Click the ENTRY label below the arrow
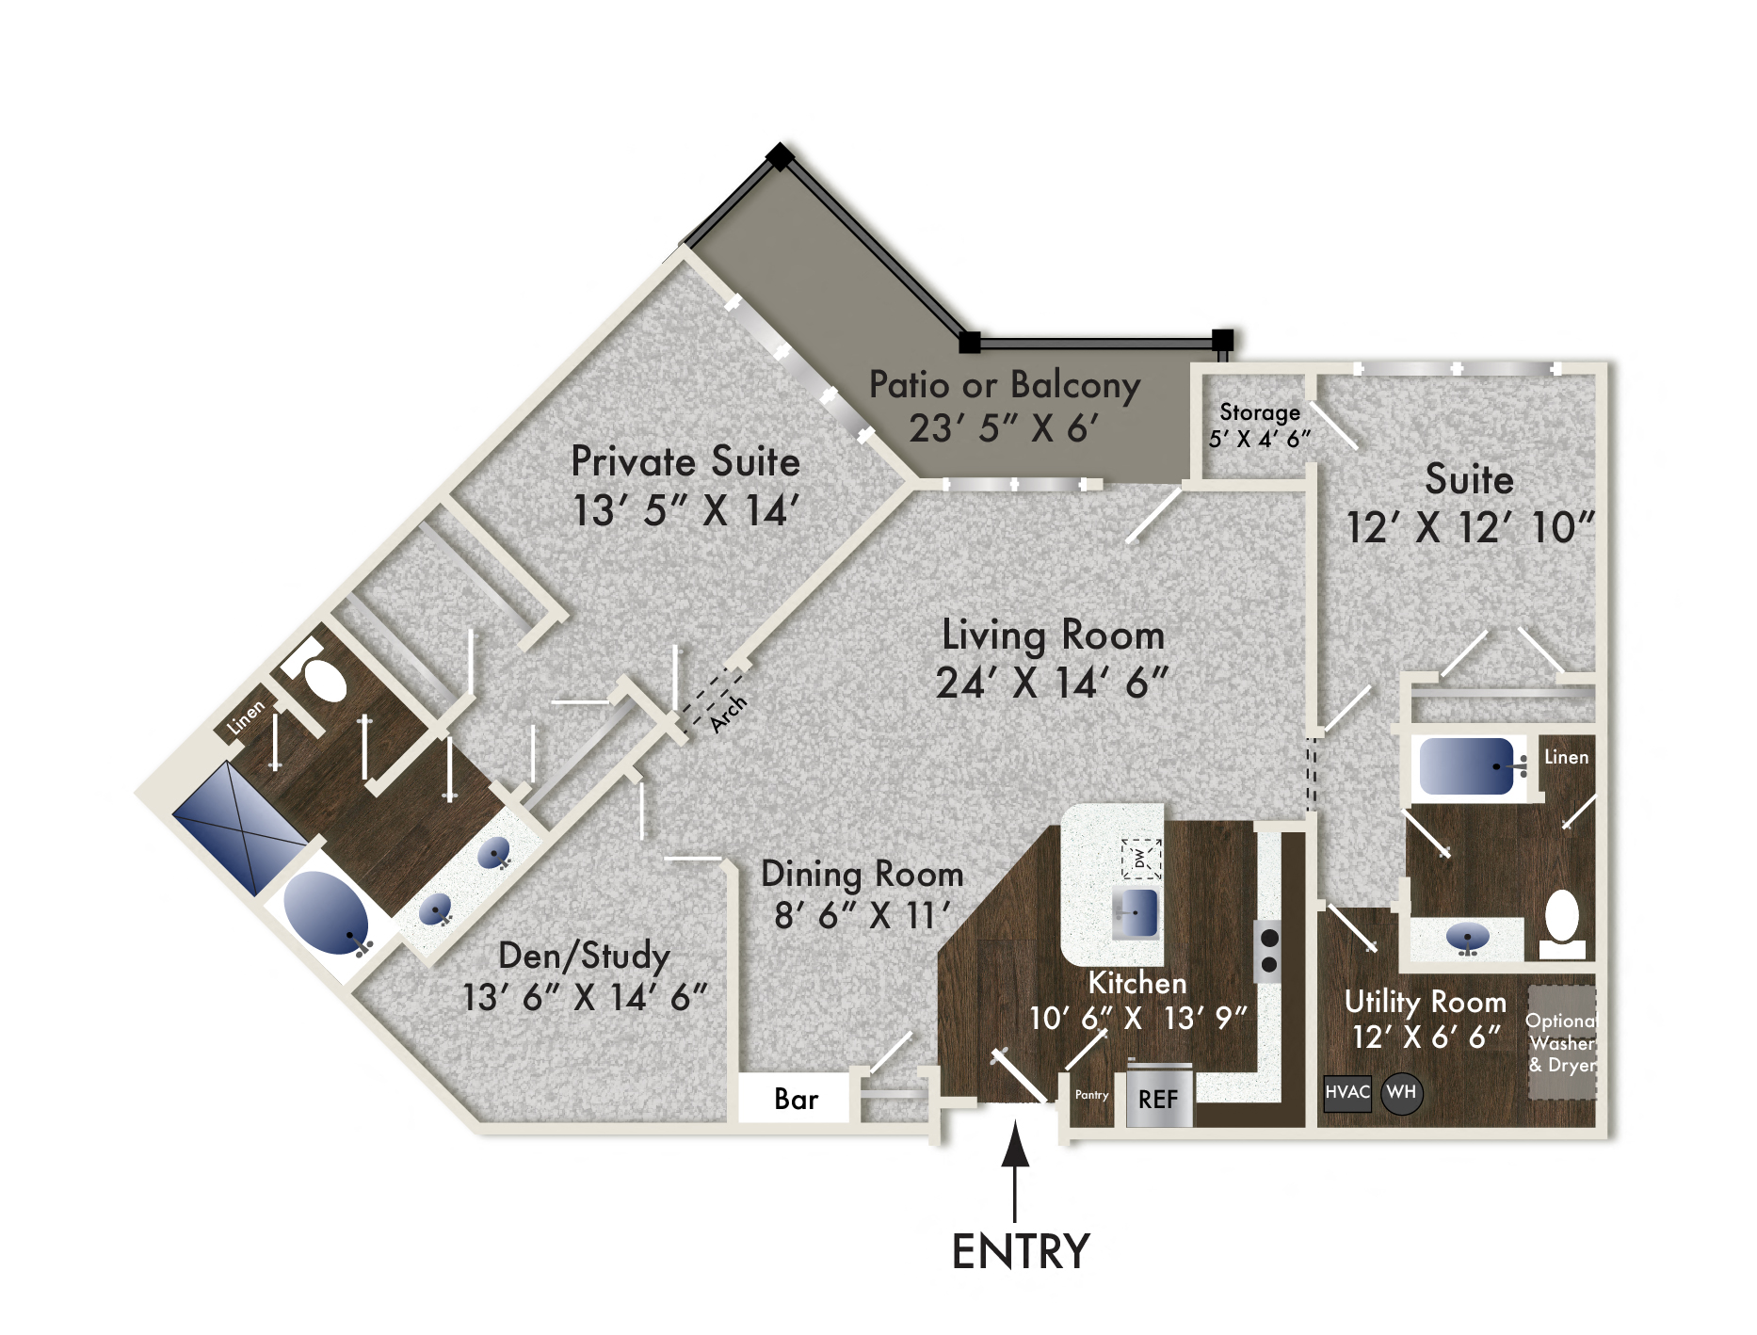point(1021,1252)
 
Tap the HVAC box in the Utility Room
point(1346,1093)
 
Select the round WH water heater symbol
point(1401,1093)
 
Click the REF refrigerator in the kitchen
point(1158,1098)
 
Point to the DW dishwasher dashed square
point(1140,858)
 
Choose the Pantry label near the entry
point(1092,1095)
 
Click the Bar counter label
point(796,1099)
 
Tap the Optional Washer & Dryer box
point(1561,1042)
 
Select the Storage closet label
point(1260,412)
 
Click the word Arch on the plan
point(728,713)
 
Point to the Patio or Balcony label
point(1005,385)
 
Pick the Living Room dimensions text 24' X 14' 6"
point(1052,684)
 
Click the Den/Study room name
point(584,956)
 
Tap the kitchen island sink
point(1136,913)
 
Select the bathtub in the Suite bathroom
point(1467,765)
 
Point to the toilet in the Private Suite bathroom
point(319,674)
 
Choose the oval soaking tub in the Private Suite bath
point(326,912)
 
